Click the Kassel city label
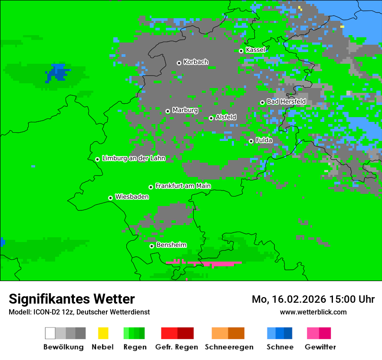click(255, 50)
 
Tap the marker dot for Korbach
click(179, 63)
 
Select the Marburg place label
click(185, 110)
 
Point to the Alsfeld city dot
click(211, 118)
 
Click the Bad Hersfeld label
click(286, 101)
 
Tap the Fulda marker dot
click(251, 141)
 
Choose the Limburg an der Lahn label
click(134, 158)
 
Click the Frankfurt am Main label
click(183, 186)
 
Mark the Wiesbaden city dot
click(110, 198)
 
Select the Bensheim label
click(171, 245)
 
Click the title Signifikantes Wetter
click(72, 299)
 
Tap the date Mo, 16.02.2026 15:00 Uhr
click(313, 299)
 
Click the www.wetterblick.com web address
click(313, 312)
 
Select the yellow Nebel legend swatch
click(102, 333)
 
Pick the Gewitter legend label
click(320, 347)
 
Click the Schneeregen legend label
click(229, 347)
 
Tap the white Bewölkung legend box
click(50, 333)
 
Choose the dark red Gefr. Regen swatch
click(185, 333)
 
